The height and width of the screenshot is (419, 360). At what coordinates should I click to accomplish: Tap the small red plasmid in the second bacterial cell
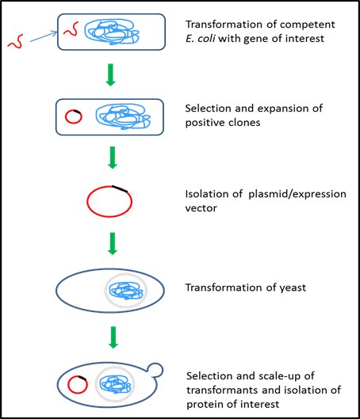click(x=73, y=116)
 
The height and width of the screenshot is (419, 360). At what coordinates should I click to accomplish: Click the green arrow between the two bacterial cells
click(x=113, y=78)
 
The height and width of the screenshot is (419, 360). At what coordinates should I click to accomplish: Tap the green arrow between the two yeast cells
click(x=113, y=331)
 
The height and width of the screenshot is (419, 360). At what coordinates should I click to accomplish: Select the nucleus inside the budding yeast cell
click(x=117, y=385)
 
